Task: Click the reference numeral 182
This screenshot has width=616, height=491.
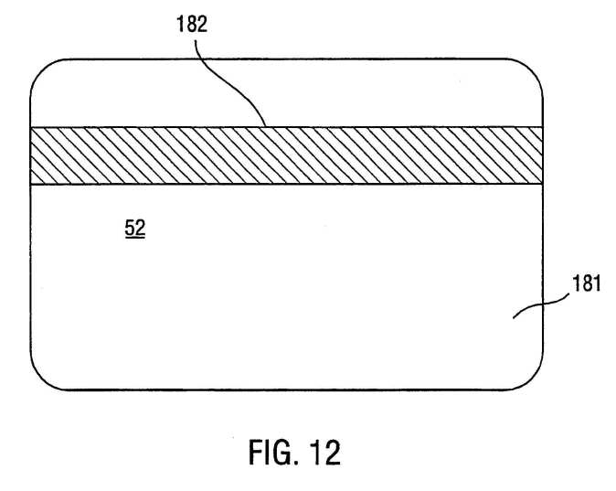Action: tap(192, 24)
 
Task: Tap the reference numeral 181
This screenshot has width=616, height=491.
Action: tap(586, 283)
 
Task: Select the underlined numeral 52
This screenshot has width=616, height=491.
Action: tap(135, 228)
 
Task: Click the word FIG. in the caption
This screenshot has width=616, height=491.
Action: tap(271, 453)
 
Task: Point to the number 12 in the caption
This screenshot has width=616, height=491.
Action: tap(324, 453)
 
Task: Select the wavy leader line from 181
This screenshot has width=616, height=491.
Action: tap(541, 305)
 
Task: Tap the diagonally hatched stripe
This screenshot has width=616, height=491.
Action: tap(287, 155)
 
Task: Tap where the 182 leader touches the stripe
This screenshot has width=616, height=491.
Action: tap(266, 126)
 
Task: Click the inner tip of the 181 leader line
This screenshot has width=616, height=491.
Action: tap(514, 318)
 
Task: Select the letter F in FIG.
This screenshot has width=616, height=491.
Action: tap(255, 453)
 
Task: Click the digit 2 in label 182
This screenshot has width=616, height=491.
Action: tap(202, 24)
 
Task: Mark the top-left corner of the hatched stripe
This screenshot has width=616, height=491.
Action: tap(31, 127)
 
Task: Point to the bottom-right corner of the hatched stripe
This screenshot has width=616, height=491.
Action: tap(543, 184)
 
